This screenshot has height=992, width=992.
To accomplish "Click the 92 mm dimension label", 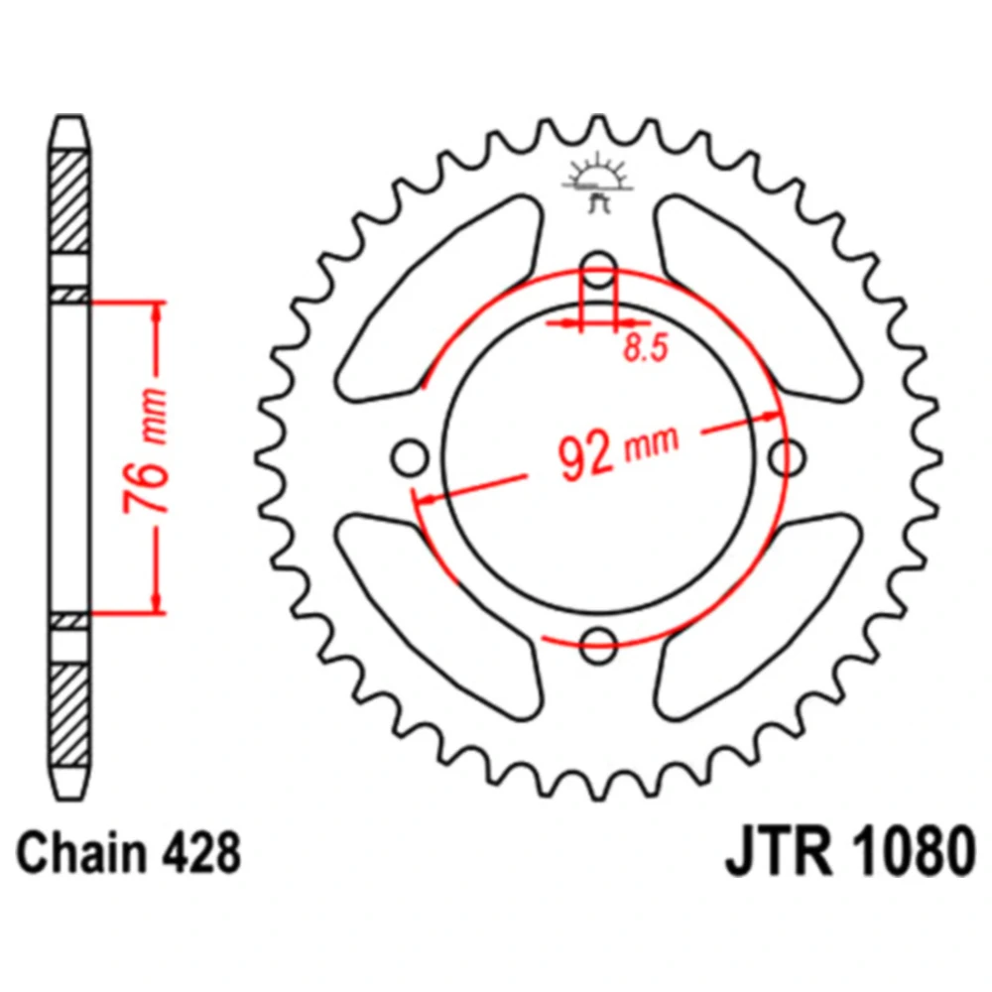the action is (618, 451).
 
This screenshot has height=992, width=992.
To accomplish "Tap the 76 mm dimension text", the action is (146, 450).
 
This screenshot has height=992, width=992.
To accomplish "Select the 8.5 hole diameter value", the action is (646, 348).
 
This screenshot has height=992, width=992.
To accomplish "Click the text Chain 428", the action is (128, 853).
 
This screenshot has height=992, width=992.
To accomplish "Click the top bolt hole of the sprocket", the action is (598, 270).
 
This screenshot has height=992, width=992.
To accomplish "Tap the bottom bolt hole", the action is (598, 646).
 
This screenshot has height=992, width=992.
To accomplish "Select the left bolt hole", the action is (410, 457).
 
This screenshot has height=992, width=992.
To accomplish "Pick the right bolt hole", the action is (787, 457).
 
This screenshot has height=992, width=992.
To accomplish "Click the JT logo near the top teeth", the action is (598, 183).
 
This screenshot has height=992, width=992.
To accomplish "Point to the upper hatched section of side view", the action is (69, 202).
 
